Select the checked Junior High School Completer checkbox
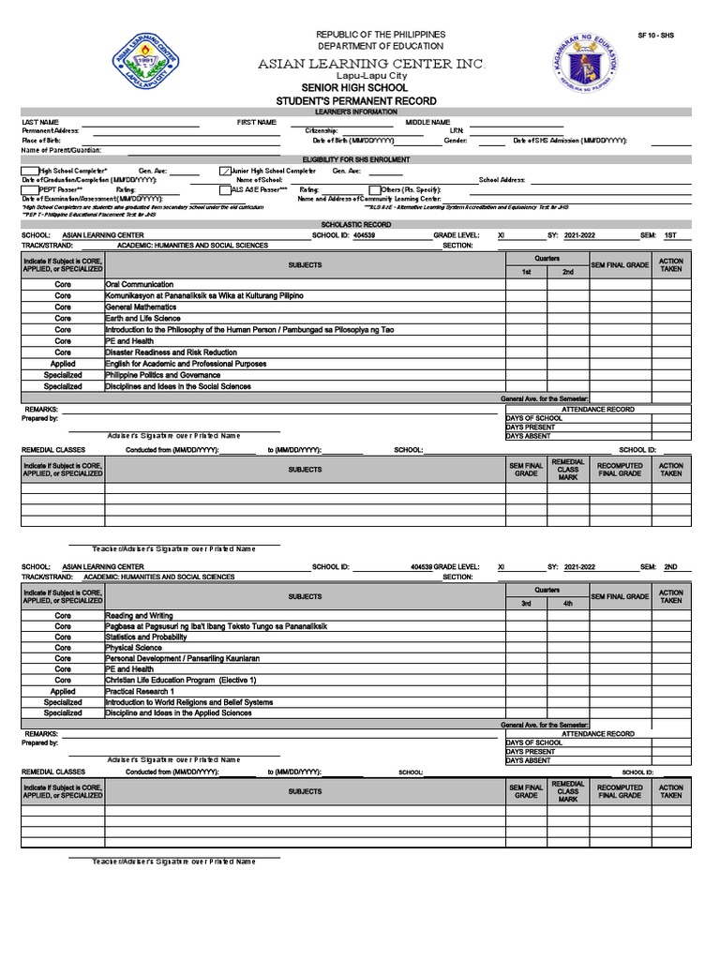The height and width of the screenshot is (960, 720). point(224,171)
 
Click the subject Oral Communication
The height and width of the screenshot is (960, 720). point(140,284)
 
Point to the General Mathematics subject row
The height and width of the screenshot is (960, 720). point(141,307)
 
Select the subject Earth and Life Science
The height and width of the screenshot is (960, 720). point(142,319)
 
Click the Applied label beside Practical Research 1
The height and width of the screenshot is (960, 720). point(63,691)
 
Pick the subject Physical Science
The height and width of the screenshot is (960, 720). point(133,648)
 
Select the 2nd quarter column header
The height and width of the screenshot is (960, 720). point(567,272)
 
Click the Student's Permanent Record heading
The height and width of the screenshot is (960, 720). point(355,100)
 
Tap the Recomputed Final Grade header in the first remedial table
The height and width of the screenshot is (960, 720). point(619,469)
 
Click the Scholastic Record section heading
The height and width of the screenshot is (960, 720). point(355,224)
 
